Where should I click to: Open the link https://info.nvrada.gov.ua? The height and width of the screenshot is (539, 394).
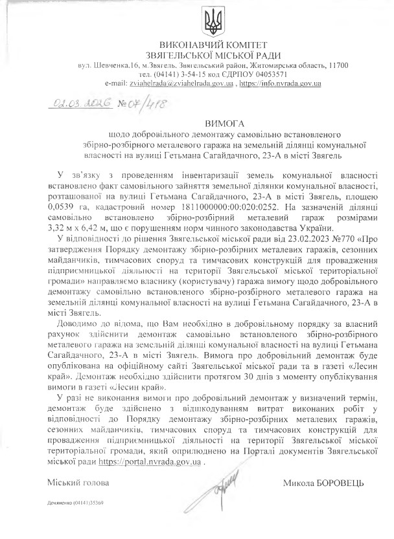(x=281, y=84)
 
